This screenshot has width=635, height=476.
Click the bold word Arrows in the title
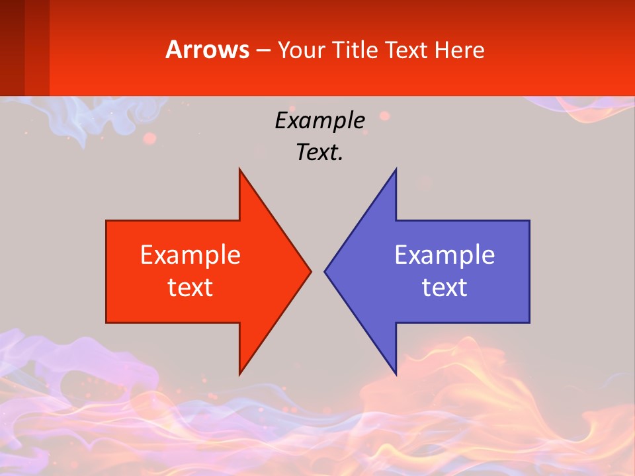click(x=208, y=50)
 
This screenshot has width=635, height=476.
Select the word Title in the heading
click(x=357, y=50)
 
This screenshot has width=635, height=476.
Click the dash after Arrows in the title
click(x=263, y=50)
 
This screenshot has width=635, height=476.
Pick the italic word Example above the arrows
click(x=320, y=120)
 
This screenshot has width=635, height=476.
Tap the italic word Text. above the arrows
click(x=320, y=153)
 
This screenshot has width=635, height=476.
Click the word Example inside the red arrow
click(x=190, y=255)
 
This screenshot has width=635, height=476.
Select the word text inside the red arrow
click(x=190, y=287)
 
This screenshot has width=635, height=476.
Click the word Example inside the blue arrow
click(x=444, y=255)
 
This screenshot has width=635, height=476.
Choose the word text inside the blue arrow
click(x=444, y=287)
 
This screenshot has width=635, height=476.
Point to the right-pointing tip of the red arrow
click(x=311, y=271)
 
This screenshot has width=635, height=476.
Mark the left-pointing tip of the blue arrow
click(x=325, y=271)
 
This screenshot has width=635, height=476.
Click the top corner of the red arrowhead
click(x=239, y=169)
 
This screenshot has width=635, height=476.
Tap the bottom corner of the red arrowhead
click(x=239, y=374)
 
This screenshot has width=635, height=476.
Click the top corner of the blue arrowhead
click(x=396, y=169)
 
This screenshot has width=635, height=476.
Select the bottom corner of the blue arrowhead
click(x=396, y=374)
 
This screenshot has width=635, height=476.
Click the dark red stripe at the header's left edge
click(x=12, y=48)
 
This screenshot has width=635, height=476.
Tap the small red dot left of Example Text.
click(x=150, y=138)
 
